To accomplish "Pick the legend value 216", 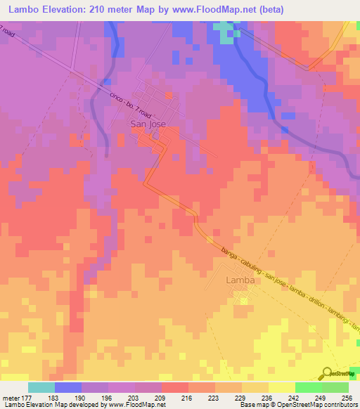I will tap(188, 398).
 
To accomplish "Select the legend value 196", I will tap(108, 398).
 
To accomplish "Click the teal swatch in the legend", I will tap(41, 387).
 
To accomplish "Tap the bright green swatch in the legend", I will tap(309, 387).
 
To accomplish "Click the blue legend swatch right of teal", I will tap(68, 387).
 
